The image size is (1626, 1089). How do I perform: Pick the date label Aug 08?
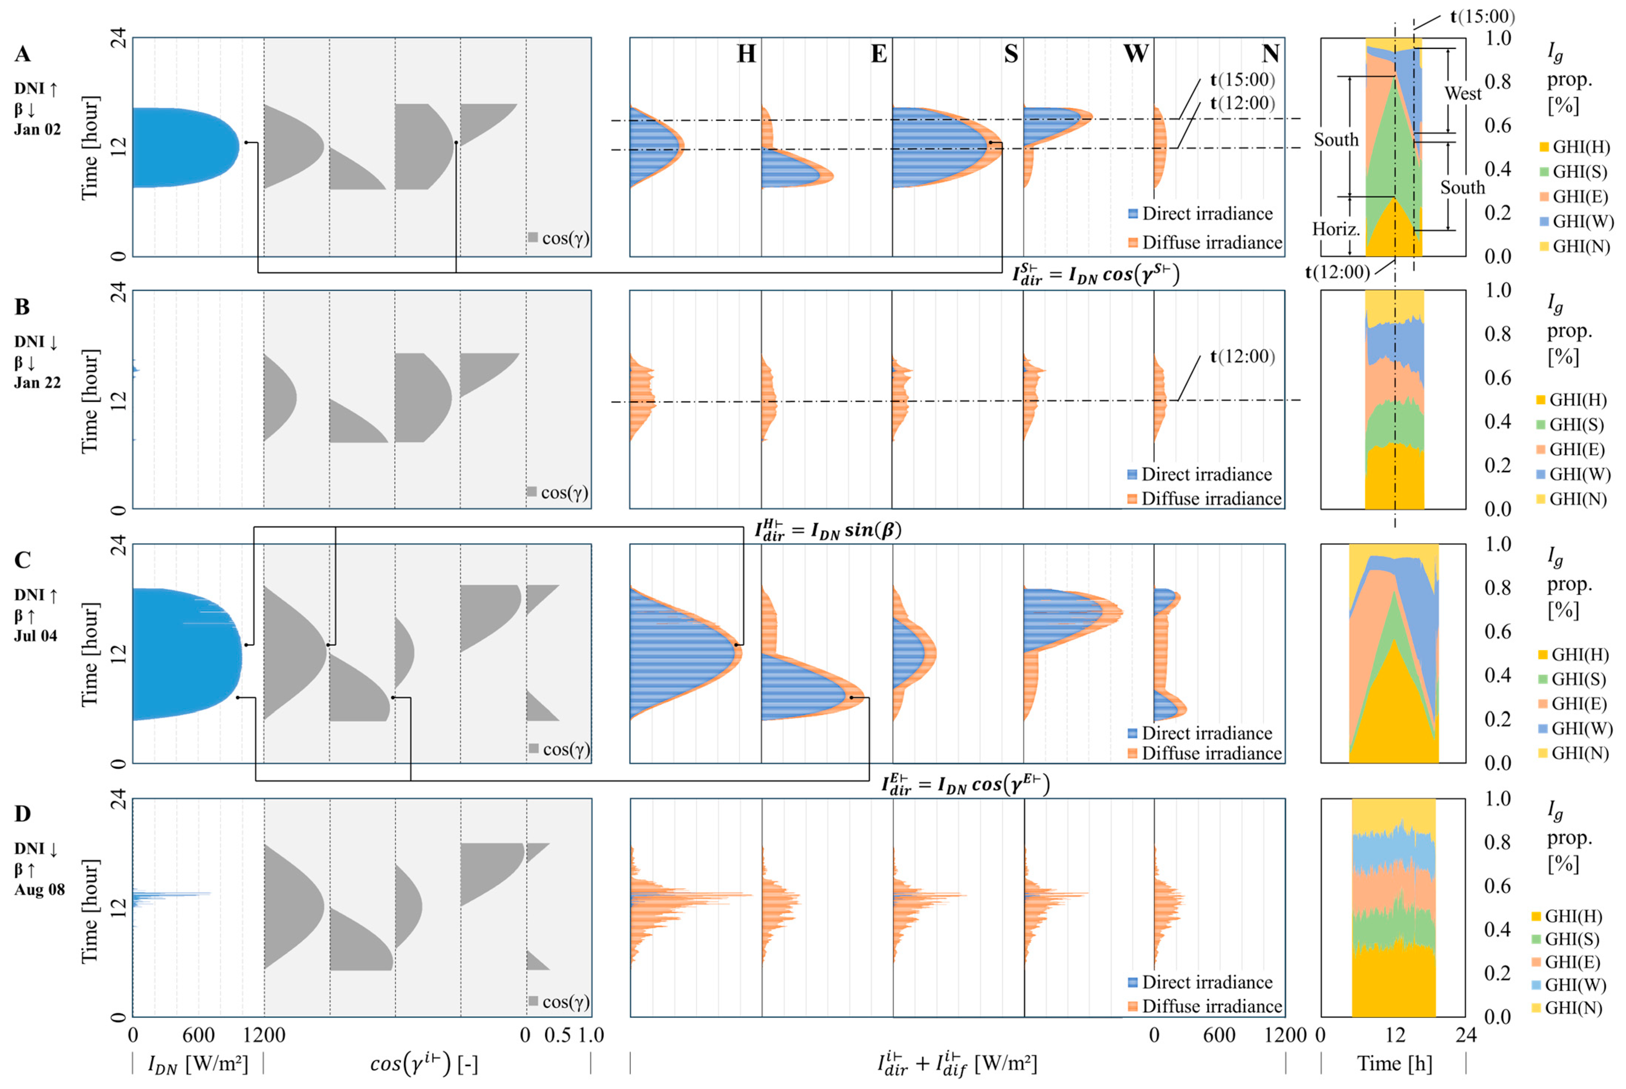point(40,890)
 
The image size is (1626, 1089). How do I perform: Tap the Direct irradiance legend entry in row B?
point(1206,474)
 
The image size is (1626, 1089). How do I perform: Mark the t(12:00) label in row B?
point(1242,357)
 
